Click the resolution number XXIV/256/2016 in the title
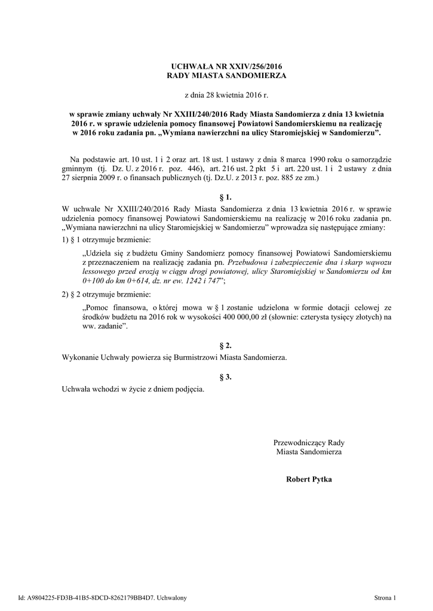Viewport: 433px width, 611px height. (245, 67)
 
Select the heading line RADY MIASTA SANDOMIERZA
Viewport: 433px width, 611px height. (217, 76)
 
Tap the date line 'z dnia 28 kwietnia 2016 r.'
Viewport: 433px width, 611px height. (217, 95)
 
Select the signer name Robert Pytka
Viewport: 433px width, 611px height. (309, 479)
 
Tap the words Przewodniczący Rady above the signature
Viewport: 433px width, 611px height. (309, 443)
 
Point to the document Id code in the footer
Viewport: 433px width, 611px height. (86, 597)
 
